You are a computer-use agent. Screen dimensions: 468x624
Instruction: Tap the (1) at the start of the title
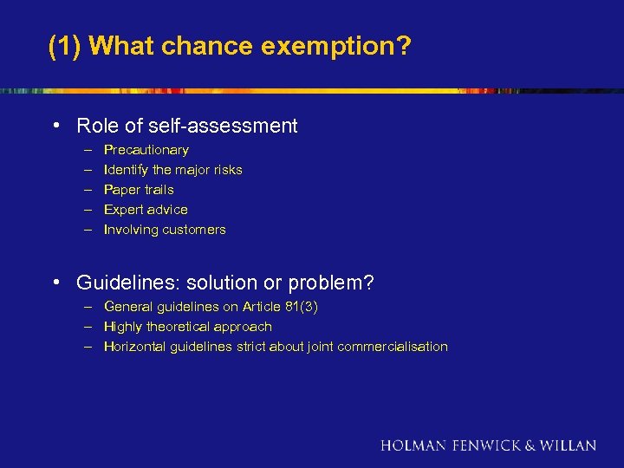point(65,46)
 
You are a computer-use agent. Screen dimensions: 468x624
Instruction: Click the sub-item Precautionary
point(146,150)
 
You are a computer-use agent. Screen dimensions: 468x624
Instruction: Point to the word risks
point(226,170)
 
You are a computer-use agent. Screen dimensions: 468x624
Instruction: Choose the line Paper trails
point(139,190)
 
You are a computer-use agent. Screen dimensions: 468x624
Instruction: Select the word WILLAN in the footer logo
point(569,445)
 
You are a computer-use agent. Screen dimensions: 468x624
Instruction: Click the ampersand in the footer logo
point(530,445)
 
